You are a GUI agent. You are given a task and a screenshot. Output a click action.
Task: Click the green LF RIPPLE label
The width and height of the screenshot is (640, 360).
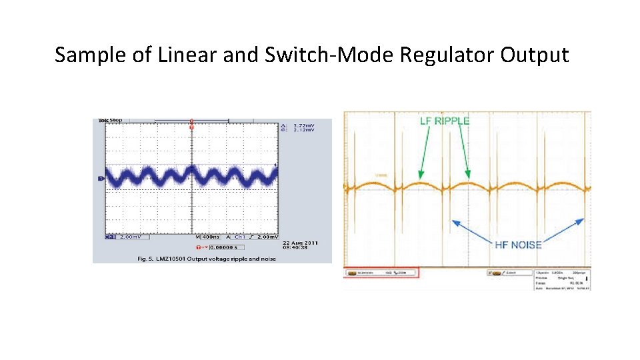[445, 121]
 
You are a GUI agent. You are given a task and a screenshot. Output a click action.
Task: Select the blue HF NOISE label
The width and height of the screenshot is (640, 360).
[518, 245]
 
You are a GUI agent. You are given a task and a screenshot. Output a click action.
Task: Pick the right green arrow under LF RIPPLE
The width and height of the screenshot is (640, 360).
[464, 151]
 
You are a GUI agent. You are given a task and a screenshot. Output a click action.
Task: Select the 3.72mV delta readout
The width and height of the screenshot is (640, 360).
[303, 125]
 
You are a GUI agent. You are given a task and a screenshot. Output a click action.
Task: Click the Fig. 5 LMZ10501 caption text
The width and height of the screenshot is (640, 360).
[206, 259]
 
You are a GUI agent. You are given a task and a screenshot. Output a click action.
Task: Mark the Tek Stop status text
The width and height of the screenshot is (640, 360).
[110, 120]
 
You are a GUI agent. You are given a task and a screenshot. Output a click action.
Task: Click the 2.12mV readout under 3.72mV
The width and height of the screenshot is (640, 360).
[303, 130]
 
